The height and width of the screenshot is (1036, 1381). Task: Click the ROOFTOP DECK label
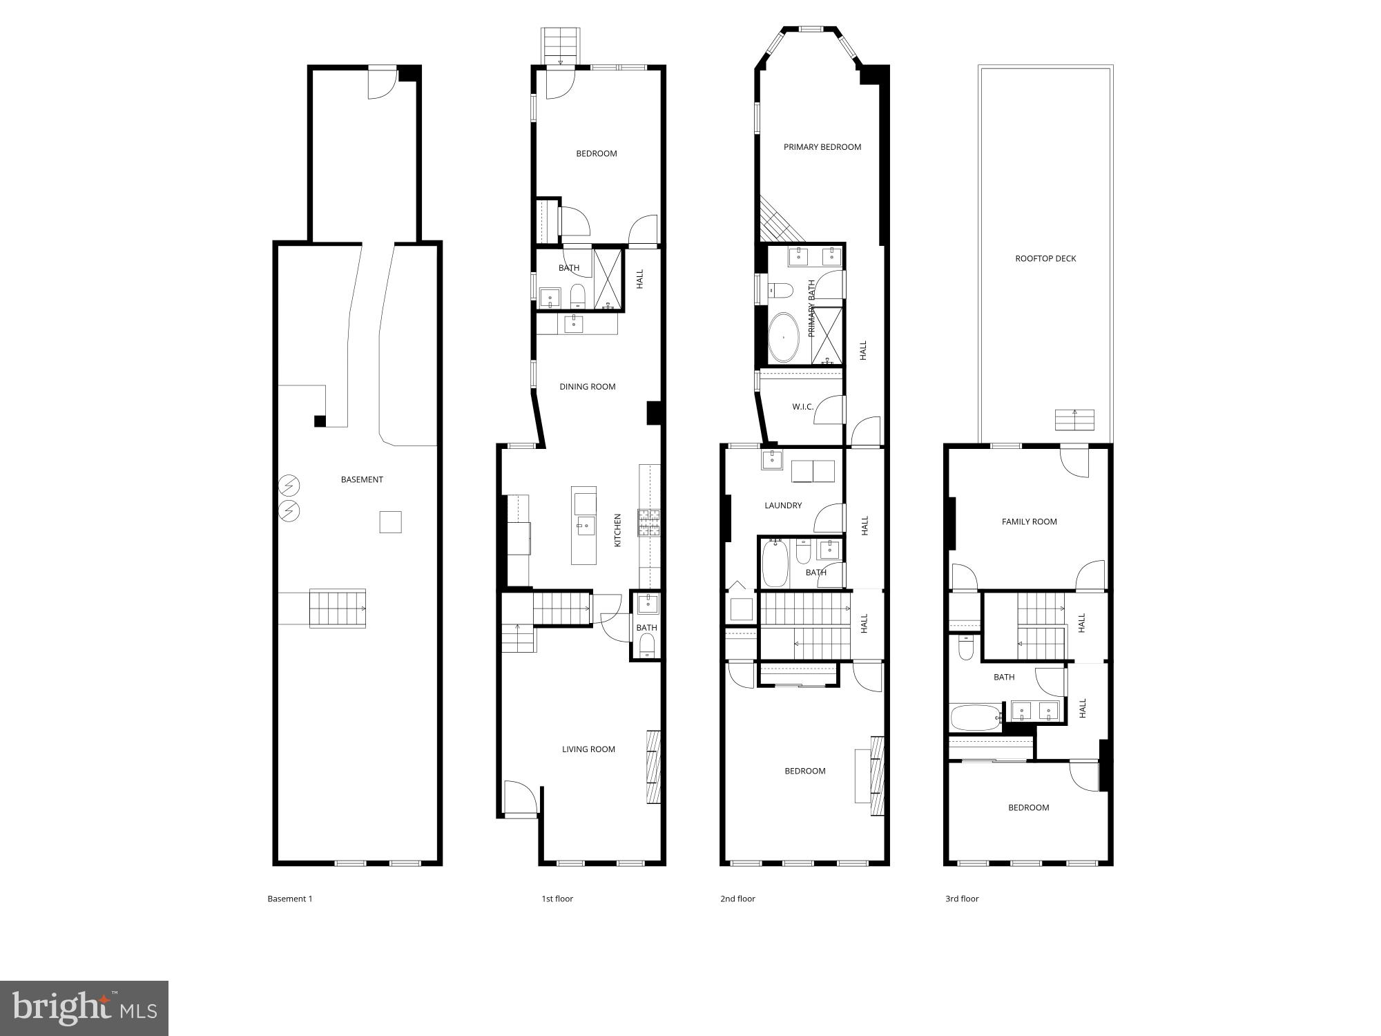[x=1045, y=258]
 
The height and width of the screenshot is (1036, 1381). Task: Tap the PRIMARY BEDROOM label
[x=822, y=147]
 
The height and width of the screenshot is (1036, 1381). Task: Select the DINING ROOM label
[x=587, y=387]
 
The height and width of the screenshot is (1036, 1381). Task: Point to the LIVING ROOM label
[x=588, y=749]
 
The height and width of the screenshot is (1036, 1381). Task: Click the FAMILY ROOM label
[x=1029, y=521]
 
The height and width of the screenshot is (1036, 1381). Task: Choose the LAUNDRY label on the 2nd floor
[x=783, y=506]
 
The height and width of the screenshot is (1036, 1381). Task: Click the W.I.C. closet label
[x=802, y=407]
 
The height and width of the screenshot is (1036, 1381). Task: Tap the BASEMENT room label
[x=362, y=479]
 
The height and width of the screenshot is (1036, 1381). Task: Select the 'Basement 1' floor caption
[x=290, y=899]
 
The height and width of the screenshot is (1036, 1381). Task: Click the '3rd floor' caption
[x=962, y=899]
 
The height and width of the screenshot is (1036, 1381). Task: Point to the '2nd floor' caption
[x=737, y=899]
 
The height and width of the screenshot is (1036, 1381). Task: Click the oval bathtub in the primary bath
[x=784, y=338]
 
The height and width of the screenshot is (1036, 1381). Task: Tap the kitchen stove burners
[x=648, y=522]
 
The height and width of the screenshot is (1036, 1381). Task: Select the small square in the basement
[x=390, y=522]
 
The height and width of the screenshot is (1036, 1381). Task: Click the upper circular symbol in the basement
[x=289, y=486]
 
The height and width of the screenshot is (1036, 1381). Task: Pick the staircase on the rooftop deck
[x=1074, y=419]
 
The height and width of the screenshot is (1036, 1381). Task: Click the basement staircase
[x=337, y=608]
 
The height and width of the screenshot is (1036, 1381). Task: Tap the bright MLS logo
[x=84, y=1008]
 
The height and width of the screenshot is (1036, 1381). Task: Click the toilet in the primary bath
[x=781, y=289]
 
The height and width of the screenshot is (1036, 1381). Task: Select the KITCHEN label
[x=618, y=530]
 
